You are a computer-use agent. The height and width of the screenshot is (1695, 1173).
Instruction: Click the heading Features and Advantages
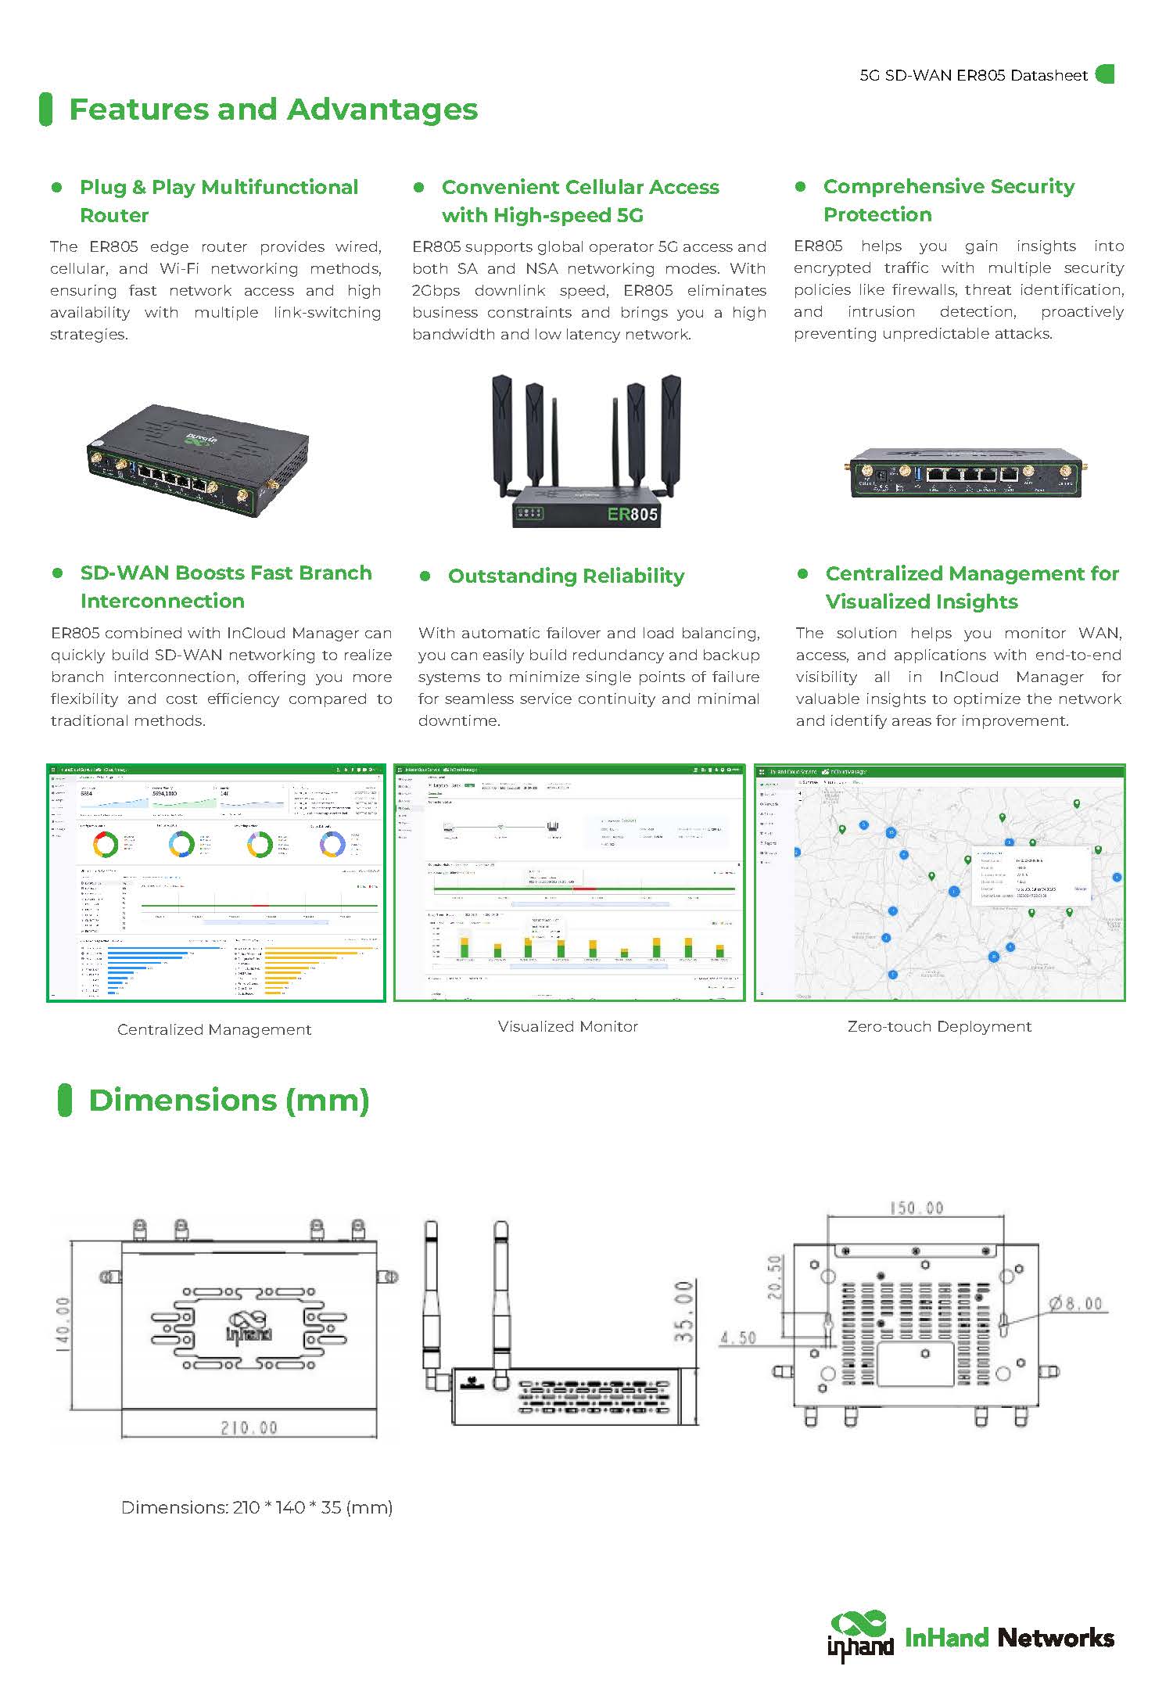pos(273,110)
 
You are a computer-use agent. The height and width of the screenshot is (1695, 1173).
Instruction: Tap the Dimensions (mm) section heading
pos(228,1100)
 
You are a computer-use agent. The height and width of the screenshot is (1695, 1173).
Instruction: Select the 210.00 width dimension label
pos(249,1427)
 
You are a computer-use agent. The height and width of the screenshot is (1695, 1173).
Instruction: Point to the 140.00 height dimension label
pos(63,1323)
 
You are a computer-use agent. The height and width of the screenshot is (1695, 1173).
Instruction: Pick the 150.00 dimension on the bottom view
pos(916,1208)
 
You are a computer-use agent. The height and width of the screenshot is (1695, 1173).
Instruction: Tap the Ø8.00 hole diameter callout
pos(1076,1303)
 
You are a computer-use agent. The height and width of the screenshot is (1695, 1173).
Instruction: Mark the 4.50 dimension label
pos(738,1338)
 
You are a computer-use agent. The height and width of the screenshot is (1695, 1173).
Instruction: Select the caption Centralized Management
pos(214,1029)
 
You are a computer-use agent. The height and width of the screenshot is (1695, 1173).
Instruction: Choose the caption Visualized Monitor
pos(568,1026)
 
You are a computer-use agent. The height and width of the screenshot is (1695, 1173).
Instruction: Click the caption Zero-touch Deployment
pos(939,1026)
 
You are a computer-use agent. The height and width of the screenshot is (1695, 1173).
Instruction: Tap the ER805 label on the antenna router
pos(632,514)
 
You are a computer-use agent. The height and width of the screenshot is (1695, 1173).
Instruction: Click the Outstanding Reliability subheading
pos(565,576)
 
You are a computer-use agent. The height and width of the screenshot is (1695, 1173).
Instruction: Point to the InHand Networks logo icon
pos(860,1636)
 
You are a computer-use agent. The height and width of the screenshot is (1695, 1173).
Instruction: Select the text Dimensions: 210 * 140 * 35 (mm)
pos(256,1507)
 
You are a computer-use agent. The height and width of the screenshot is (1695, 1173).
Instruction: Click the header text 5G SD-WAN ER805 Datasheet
pos(974,75)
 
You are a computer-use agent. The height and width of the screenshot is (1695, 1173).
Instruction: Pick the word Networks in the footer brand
pos(1056,1637)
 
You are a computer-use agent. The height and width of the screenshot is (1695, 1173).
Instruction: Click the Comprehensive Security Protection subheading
pos(949,200)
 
